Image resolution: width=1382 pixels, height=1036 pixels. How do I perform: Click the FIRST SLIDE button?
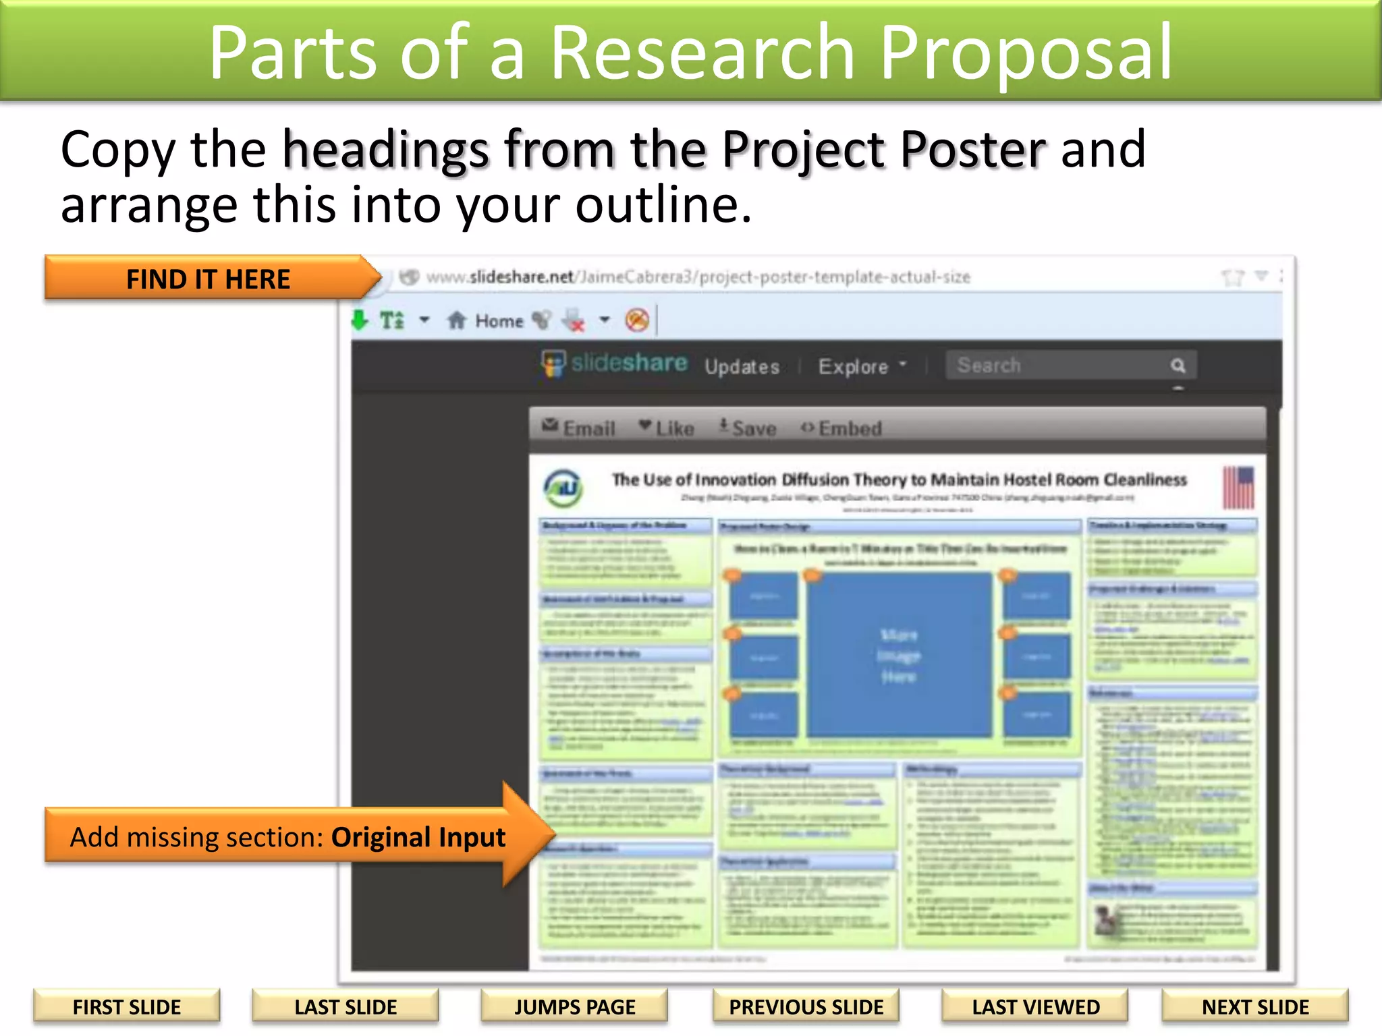tap(127, 1007)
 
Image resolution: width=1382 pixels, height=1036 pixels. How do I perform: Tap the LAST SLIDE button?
tap(345, 1007)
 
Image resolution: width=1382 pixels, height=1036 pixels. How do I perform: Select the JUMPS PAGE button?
tap(574, 1007)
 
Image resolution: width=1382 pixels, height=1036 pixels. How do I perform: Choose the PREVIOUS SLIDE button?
tap(806, 1007)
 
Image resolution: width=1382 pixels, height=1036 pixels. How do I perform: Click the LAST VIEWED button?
tap(1035, 1007)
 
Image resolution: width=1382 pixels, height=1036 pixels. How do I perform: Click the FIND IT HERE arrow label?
tap(209, 279)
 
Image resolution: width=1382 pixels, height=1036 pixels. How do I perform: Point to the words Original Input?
tap(418, 837)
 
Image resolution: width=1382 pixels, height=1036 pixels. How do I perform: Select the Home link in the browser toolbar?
tap(499, 321)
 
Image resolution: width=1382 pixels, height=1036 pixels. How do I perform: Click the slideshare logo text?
tap(629, 363)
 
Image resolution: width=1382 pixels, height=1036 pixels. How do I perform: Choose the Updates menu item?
tap(742, 366)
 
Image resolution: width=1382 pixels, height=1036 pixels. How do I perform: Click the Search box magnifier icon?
tap(1178, 366)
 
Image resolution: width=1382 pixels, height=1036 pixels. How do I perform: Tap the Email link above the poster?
tap(588, 428)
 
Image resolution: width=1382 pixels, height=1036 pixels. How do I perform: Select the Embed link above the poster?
tap(850, 428)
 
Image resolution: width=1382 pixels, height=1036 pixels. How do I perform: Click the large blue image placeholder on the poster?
tap(899, 654)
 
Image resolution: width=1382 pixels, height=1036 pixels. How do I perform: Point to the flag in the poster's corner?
tap(1238, 487)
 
